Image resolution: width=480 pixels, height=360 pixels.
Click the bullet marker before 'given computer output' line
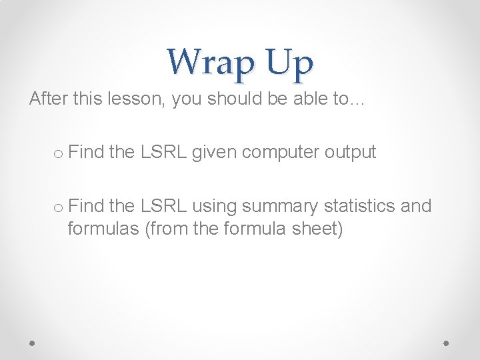tap(57, 153)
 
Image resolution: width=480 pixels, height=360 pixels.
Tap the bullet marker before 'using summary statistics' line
tap(57, 207)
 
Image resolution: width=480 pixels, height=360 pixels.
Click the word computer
tap(281, 153)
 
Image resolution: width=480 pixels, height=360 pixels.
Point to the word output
tap(351, 153)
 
